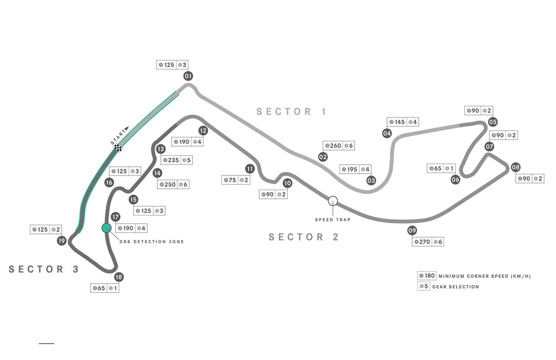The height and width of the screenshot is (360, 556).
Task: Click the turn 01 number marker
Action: (188, 76)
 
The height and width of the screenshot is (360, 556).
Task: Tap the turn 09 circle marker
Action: (412, 231)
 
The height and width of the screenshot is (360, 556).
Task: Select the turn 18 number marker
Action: (119, 277)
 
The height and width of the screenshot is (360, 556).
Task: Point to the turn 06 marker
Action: (456, 180)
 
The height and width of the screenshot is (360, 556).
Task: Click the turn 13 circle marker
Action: (161, 149)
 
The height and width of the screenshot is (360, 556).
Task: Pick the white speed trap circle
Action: (333, 201)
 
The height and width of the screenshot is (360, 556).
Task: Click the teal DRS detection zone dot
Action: (106, 228)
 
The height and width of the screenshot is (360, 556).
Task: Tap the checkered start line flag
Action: (118, 148)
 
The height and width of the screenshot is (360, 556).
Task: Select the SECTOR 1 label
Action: (291, 112)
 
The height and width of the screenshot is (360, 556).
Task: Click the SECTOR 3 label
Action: (43, 269)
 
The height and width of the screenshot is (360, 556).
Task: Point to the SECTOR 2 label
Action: (304, 237)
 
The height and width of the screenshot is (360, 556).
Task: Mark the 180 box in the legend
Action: (427, 276)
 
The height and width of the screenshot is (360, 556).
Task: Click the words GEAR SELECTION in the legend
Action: (456, 287)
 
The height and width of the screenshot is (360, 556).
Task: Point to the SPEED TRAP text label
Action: (333, 219)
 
